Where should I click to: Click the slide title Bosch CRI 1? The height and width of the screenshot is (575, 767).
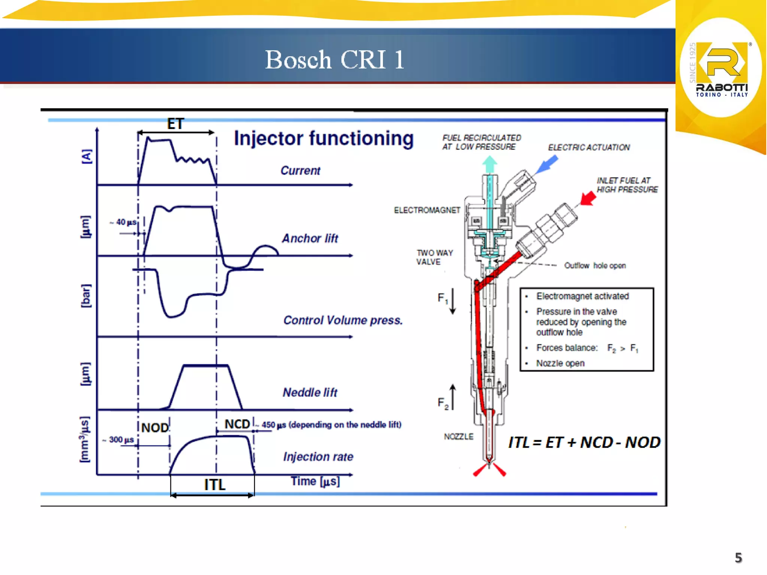[334, 60]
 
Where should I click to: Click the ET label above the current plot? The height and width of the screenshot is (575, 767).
[175, 124]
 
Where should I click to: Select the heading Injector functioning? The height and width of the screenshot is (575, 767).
[324, 139]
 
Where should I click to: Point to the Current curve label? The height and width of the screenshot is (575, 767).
[300, 171]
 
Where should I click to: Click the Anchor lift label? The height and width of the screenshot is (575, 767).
[310, 238]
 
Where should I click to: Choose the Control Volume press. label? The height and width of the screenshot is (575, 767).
[343, 320]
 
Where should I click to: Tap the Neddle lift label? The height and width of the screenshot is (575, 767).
[310, 392]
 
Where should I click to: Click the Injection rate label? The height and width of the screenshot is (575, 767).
[318, 457]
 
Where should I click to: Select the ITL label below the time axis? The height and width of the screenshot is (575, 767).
[215, 485]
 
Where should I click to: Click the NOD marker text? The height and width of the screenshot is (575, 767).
[155, 428]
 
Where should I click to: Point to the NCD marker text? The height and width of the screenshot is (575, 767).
[237, 424]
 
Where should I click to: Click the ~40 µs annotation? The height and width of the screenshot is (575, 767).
[123, 222]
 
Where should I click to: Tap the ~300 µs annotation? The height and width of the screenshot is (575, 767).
[118, 440]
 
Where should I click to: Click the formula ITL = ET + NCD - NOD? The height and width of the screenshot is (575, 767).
[584, 442]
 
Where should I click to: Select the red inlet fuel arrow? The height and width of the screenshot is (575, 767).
[588, 198]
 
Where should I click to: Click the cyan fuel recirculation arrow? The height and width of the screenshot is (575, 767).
[489, 165]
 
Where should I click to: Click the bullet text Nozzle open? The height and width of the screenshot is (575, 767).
[560, 363]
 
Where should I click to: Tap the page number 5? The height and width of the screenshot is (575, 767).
[738, 558]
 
